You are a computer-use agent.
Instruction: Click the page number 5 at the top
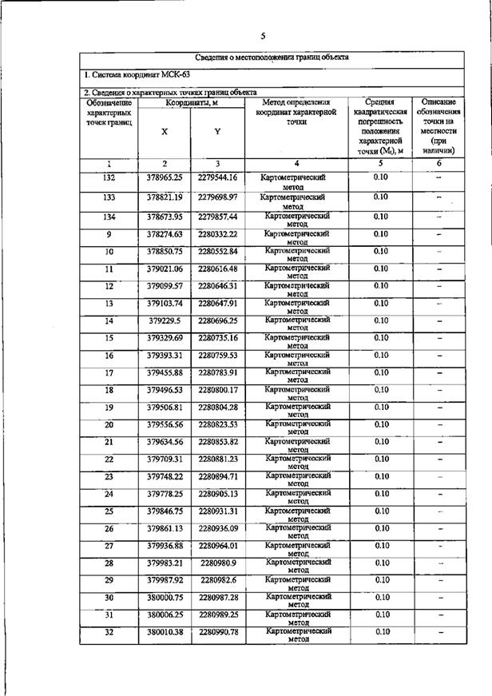[262, 35]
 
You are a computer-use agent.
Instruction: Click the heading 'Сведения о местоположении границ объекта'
[272, 58]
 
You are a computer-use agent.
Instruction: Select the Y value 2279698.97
[218, 197]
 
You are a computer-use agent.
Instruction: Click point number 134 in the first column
[109, 217]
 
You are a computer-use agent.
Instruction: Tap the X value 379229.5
[165, 320]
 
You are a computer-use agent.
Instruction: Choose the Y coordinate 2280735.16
[218, 338]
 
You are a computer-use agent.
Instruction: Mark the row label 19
[109, 408]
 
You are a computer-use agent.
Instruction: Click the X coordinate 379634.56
[165, 442]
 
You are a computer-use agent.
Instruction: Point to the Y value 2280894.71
[218, 476]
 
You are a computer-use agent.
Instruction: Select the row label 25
[109, 511]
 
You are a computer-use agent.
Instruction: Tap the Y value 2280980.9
[218, 563]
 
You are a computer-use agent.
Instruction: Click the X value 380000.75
[165, 598]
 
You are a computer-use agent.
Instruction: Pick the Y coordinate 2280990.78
[218, 632]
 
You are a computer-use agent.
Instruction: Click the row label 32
[109, 632]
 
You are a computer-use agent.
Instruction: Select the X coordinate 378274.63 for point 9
[165, 234]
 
